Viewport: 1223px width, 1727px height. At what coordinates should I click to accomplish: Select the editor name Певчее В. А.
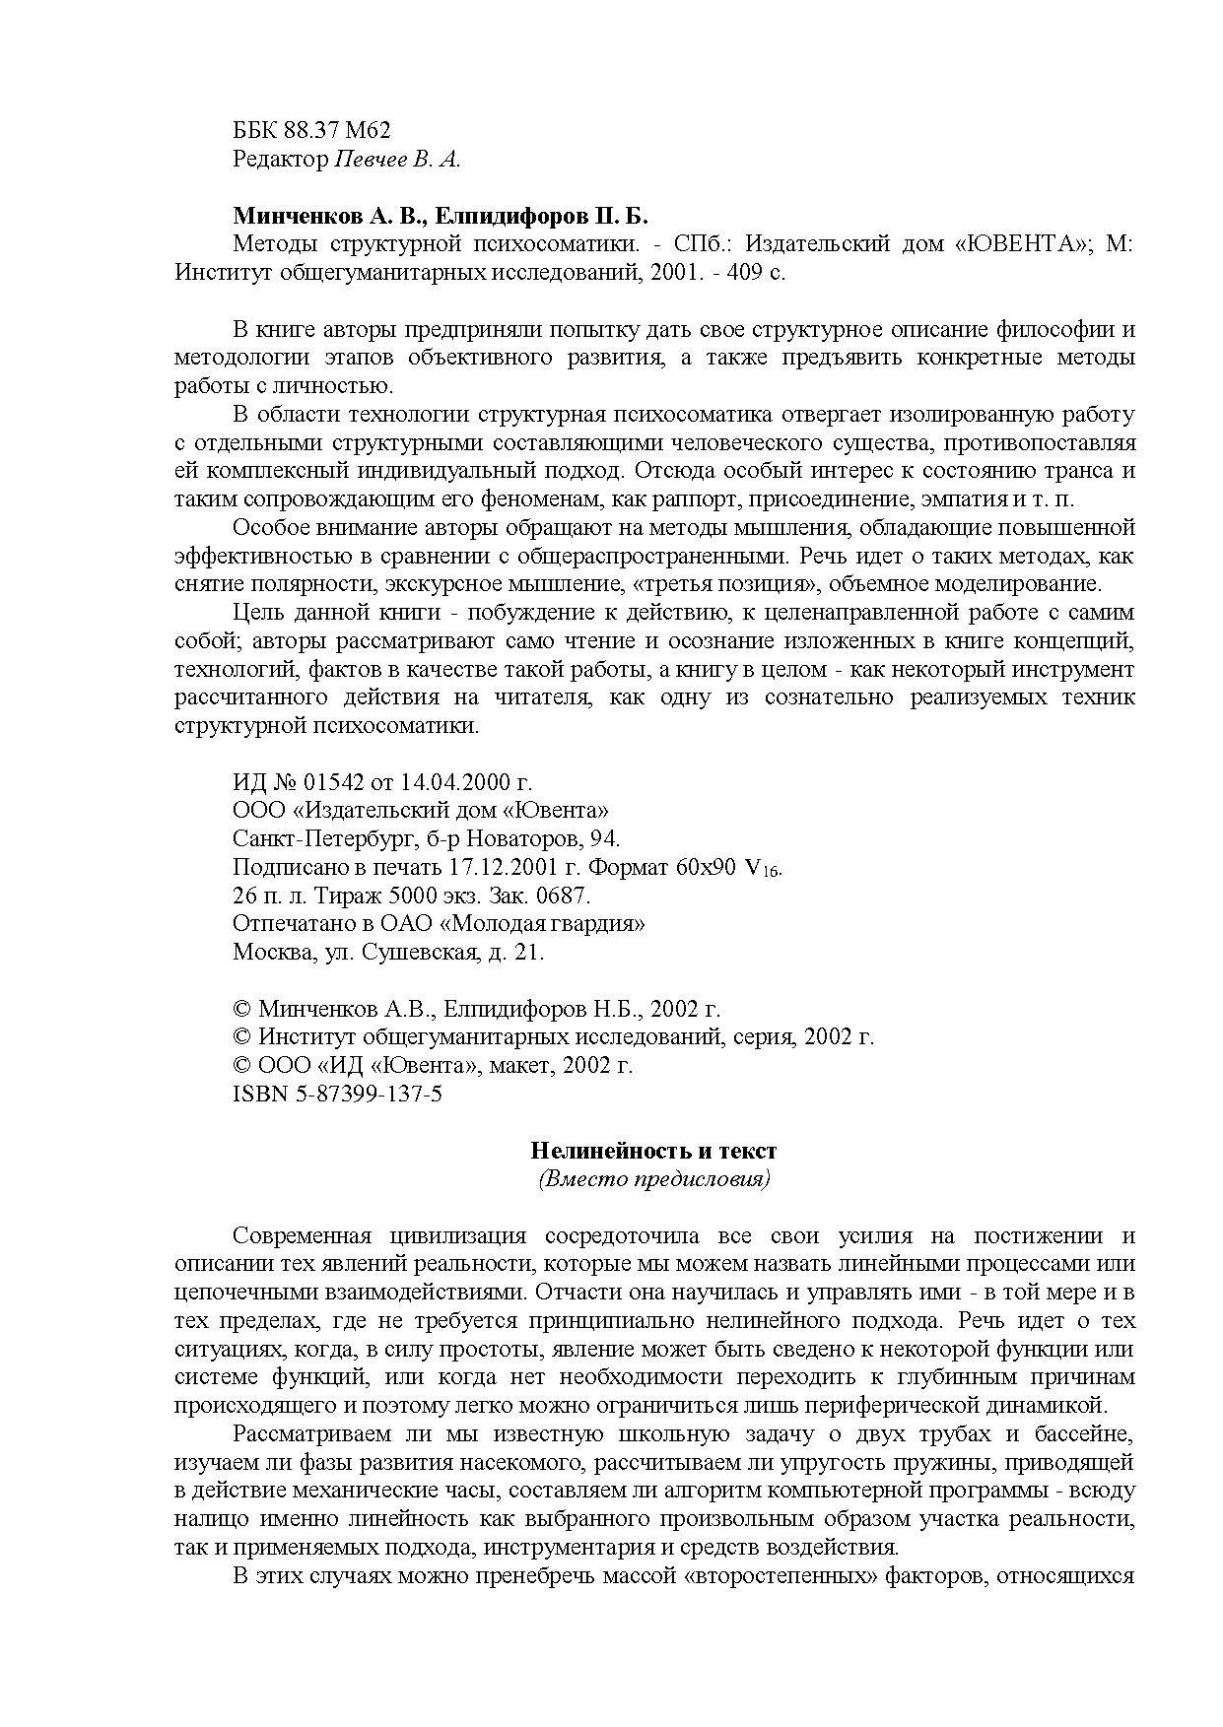pos(398,159)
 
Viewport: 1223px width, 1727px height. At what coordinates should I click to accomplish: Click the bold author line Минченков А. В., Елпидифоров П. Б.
pos(441,216)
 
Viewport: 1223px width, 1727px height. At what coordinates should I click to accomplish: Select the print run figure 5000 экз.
pos(427,896)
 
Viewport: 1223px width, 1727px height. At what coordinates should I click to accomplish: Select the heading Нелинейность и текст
pos(654,1150)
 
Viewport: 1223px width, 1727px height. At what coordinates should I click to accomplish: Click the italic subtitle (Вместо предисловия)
pos(654,1178)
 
